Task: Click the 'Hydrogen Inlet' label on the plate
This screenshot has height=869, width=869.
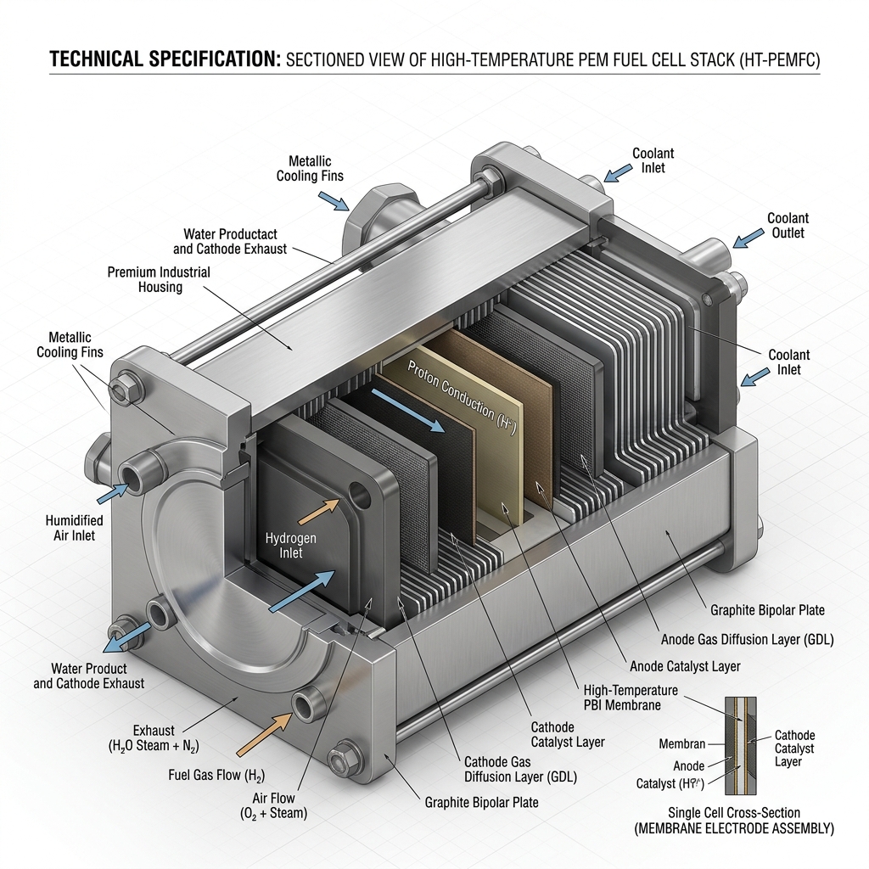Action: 290,546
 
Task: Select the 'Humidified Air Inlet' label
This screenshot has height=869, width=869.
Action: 75,528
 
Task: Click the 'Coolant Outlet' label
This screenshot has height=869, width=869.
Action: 788,226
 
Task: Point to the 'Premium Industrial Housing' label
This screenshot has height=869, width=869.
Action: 159,279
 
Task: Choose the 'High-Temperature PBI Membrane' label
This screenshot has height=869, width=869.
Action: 631,698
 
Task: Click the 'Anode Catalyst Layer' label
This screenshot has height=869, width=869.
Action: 685,666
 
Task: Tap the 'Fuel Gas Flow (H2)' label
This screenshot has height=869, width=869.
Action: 216,775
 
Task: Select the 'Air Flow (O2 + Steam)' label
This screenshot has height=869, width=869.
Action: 273,806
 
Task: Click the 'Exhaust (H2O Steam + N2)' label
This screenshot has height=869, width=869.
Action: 154,738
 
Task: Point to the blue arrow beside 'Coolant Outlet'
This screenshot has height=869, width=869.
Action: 748,238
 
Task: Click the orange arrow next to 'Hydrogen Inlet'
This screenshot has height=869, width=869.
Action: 319,511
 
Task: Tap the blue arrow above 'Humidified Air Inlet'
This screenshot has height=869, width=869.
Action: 114,492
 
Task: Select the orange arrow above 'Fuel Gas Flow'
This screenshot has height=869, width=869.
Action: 264,734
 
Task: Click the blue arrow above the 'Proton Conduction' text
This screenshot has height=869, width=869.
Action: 408,410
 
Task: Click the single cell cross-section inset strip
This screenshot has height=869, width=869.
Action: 741,745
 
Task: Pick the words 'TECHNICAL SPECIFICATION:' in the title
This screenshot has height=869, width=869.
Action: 165,59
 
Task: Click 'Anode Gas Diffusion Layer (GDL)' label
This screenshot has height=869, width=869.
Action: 747,640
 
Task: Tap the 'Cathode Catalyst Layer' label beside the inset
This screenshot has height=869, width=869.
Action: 794,748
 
